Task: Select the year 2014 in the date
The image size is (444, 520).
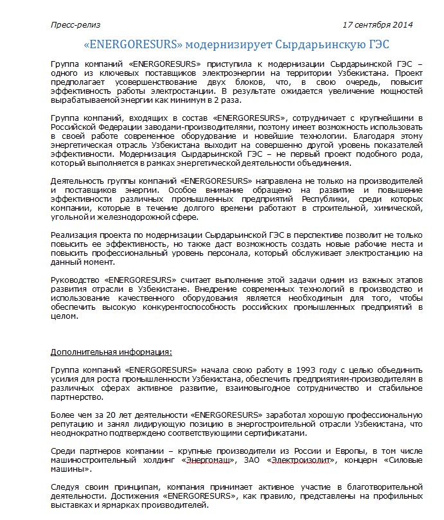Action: (402, 25)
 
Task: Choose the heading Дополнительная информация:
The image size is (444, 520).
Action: (111, 352)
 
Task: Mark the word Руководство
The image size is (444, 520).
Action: (75, 280)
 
